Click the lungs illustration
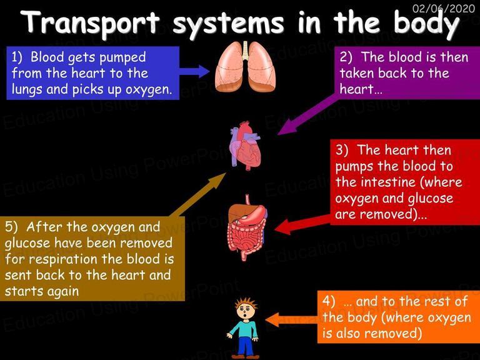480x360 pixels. tap(246, 66)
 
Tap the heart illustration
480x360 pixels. tap(246, 145)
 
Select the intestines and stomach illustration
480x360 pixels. tap(247, 227)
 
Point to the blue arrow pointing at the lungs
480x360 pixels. tap(195, 71)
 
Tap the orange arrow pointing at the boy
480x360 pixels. tap(291, 321)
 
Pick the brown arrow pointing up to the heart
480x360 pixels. tap(199, 194)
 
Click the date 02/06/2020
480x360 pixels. tap(444, 8)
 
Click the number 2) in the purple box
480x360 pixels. tap(346, 57)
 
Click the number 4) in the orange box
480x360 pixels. tap(329, 301)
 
